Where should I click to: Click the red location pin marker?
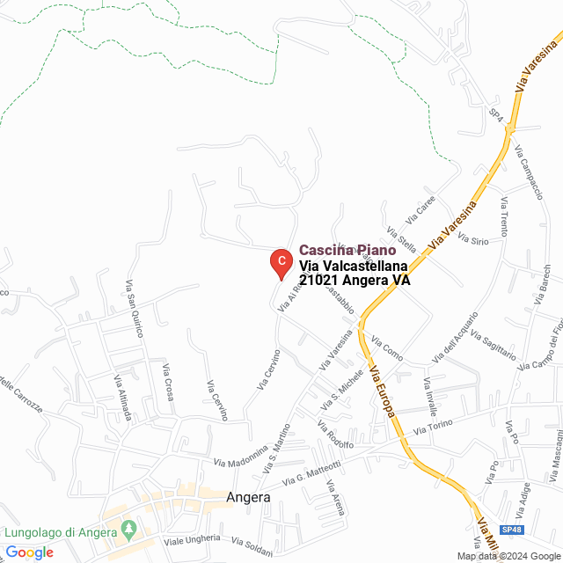[280, 262]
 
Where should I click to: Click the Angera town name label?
[248, 497]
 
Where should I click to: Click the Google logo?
[29, 552]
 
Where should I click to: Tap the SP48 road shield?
[511, 530]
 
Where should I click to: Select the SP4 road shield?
[496, 115]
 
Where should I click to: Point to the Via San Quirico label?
[134, 303]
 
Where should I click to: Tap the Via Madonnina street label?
[240, 459]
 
